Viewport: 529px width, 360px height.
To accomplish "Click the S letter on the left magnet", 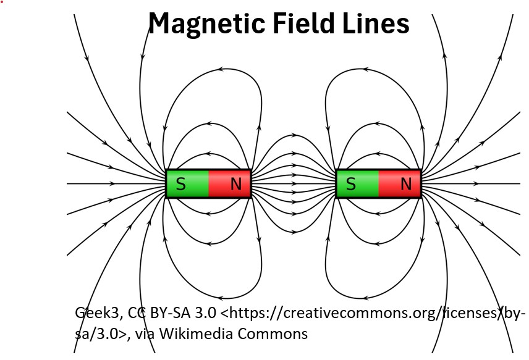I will pyautogui.click(x=180, y=184).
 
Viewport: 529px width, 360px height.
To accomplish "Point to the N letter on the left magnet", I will pyautogui.click(x=236, y=184).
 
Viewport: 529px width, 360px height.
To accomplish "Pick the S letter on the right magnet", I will pyautogui.click(x=350, y=184).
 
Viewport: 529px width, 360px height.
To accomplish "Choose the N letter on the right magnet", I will pyautogui.click(x=406, y=184).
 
